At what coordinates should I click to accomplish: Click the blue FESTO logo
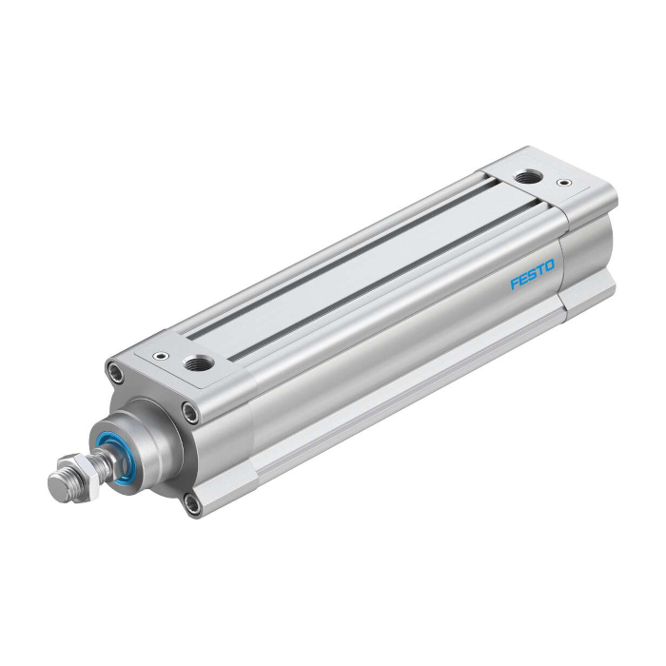[532, 274]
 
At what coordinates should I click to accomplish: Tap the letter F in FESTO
[514, 284]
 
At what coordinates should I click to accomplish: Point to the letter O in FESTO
[549, 265]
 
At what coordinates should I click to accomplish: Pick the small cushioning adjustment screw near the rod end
[162, 355]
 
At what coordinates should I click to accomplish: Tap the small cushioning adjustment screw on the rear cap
[564, 183]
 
